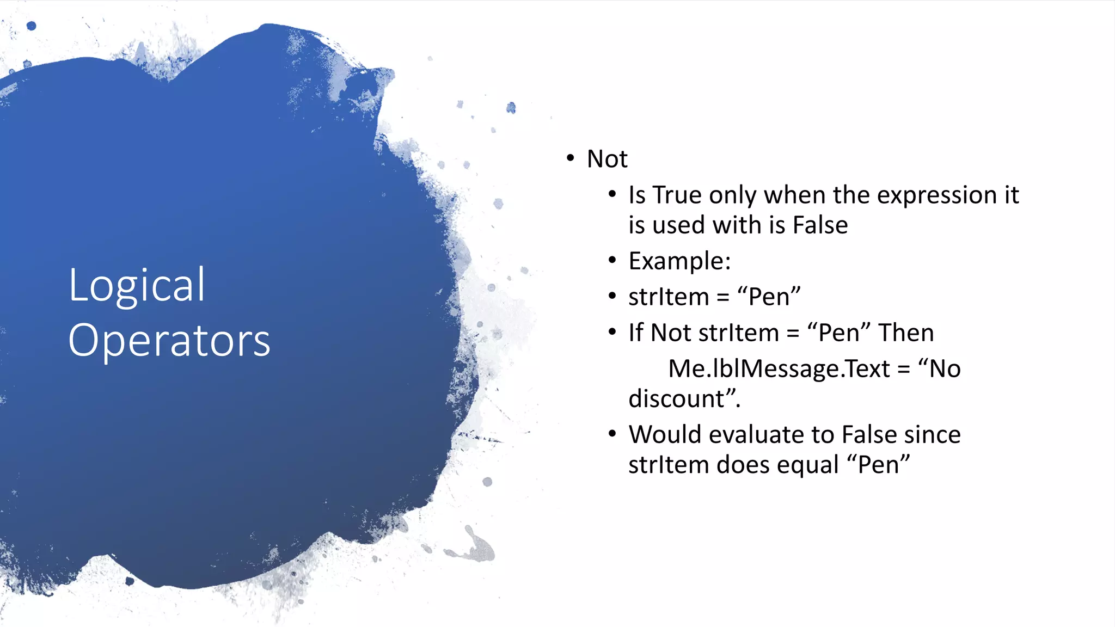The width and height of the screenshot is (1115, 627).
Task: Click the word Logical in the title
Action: (x=137, y=286)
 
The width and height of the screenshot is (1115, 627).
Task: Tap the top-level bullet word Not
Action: (x=607, y=159)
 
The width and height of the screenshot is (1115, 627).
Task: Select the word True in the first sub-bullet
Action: (x=677, y=195)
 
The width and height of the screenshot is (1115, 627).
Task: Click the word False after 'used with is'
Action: (x=820, y=225)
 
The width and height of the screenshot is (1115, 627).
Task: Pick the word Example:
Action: (x=679, y=261)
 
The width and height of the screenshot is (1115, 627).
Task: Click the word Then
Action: (x=906, y=333)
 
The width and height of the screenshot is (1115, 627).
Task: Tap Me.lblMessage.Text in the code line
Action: (x=779, y=369)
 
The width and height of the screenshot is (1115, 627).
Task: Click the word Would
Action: (x=665, y=435)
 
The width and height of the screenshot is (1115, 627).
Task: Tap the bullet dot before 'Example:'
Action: (x=612, y=261)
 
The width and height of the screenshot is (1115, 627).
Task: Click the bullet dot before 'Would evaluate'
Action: (x=612, y=434)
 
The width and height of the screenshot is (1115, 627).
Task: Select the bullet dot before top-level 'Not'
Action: (x=570, y=158)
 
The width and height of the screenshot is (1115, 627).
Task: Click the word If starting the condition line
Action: (x=636, y=333)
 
